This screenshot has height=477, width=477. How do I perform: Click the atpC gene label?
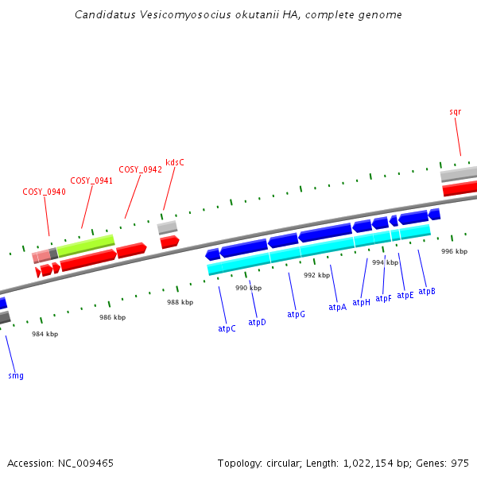(x=227, y=328)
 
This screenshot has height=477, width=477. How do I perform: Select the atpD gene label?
(x=257, y=322)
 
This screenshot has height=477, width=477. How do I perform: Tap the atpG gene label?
(x=297, y=315)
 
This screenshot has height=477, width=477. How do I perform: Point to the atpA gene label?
(x=338, y=307)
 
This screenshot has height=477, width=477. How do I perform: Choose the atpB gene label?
(x=427, y=292)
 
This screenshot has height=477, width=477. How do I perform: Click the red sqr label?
(x=455, y=112)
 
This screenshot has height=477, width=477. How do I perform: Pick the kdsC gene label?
(x=175, y=162)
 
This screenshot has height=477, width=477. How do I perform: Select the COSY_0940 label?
(x=44, y=192)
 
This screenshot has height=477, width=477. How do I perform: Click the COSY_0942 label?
(x=141, y=169)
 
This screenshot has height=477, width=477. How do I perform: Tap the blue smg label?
(x=16, y=374)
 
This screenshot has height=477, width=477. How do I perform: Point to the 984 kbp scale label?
(x=45, y=334)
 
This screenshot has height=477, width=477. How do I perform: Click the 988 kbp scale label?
(x=180, y=302)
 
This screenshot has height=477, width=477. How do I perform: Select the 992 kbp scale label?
(x=316, y=275)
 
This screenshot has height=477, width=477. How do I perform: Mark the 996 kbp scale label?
(x=454, y=251)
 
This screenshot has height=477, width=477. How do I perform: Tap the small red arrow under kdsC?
(x=169, y=242)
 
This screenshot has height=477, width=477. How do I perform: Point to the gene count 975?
(x=459, y=463)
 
